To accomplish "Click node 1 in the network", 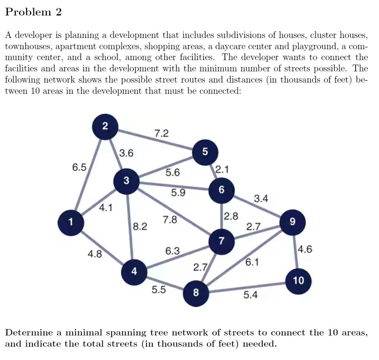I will (72, 222).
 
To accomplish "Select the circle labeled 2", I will (105, 127).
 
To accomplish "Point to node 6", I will (221, 190).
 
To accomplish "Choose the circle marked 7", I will (221, 241).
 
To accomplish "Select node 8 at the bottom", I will (196, 292).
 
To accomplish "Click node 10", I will (298, 281).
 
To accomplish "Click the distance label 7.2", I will (162, 133).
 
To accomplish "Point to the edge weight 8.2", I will (140, 226).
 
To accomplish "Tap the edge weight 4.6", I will (305, 250).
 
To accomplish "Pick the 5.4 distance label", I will (250, 295).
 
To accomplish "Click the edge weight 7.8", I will (170, 221).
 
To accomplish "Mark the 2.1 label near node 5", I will (222, 170).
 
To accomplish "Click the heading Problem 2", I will (34, 12).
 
